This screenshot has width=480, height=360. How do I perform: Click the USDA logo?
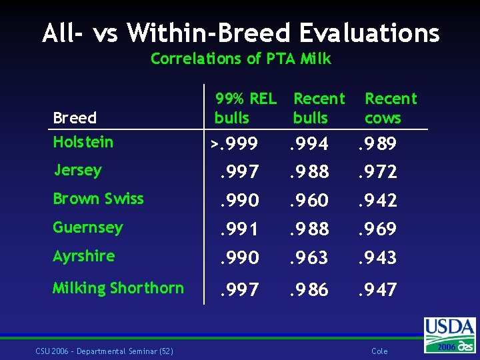(450, 335)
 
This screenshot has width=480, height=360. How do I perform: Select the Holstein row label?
(83, 142)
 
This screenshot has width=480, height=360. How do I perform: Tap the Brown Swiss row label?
(98, 199)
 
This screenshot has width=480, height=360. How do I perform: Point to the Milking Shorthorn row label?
(118, 288)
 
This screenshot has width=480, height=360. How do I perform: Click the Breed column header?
(75, 117)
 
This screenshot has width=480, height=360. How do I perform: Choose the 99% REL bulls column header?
(245, 108)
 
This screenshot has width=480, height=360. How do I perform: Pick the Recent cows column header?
(391, 108)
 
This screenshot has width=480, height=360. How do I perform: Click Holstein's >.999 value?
(234, 143)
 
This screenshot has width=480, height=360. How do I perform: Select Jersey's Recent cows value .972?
(378, 171)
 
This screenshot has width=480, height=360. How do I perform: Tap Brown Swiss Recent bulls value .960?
(309, 200)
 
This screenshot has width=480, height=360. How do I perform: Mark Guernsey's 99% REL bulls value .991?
(239, 229)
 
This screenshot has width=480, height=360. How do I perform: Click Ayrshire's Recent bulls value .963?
(309, 257)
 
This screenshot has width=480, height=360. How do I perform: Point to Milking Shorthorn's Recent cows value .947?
(378, 289)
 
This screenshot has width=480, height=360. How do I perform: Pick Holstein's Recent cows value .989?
(377, 143)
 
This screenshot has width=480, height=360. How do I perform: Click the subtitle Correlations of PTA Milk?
(241, 58)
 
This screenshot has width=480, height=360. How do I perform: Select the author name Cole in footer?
(379, 351)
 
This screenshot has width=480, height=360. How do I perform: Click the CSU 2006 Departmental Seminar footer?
(105, 351)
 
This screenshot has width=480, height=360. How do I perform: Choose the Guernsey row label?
(88, 228)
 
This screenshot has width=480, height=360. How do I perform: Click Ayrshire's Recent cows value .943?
(377, 257)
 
